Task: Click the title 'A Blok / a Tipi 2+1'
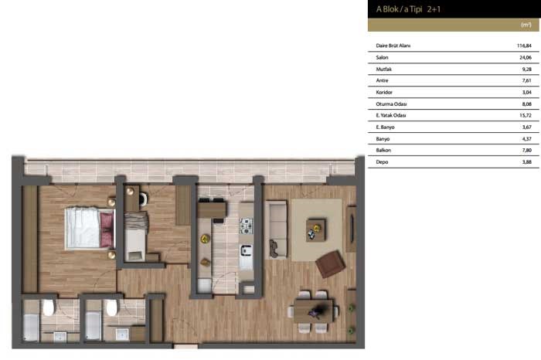point(408,9)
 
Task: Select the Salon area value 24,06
point(526,58)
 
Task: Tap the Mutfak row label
point(383,70)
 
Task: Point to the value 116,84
point(524,46)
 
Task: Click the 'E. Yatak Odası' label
point(391,116)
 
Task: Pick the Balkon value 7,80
point(527,151)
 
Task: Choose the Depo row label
point(382,162)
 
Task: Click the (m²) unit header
point(526,25)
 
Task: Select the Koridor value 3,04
point(527,93)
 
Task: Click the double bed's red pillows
point(107,229)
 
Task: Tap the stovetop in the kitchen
point(246,226)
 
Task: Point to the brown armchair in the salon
point(331,263)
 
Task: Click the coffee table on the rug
point(315,230)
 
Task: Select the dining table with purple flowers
point(313,311)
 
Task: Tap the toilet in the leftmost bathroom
point(48,307)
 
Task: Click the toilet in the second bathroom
point(111,307)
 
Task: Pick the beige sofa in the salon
point(276,229)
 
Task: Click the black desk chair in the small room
point(143,199)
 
